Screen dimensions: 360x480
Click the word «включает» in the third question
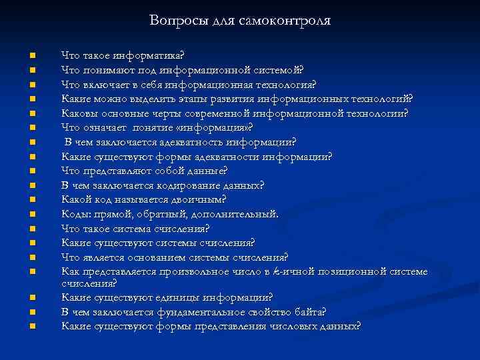(x=105, y=84)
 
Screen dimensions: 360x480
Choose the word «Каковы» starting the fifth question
(x=77, y=113)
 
